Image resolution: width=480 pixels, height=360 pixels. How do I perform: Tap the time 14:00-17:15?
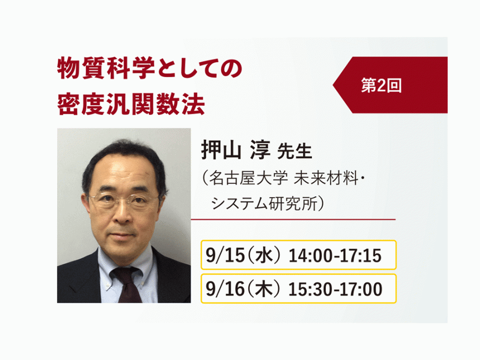coord(335,255)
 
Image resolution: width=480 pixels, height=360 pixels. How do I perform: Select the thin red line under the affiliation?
coord(293,220)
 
